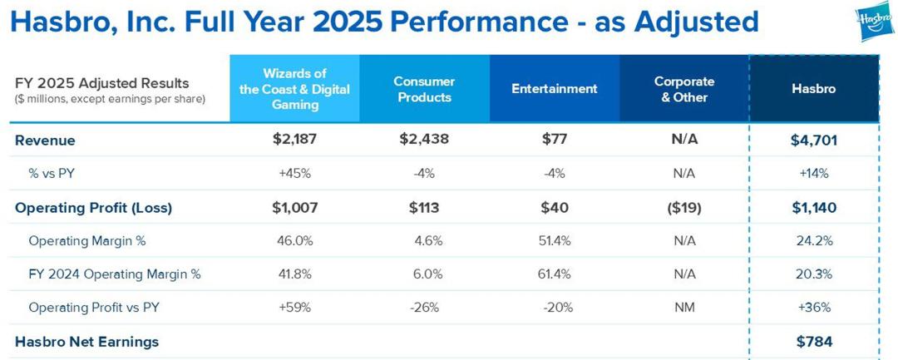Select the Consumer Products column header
click(423, 89)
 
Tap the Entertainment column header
click(554, 89)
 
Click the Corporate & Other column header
click(684, 89)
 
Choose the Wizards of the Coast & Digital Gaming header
click(294, 89)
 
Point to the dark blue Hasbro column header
click(813, 89)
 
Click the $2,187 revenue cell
click(294, 140)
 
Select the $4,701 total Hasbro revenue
click(813, 141)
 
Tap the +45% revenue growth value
click(294, 174)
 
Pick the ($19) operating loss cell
click(684, 208)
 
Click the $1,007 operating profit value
click(294, 208)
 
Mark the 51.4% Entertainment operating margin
click(554, 241)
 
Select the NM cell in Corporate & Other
click(684, 308)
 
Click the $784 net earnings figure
click(813, 341)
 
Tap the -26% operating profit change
click(424, 308)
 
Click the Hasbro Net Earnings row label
click(86, 342)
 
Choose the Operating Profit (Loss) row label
click(93, 208)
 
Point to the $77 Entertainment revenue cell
click(554, 140)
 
